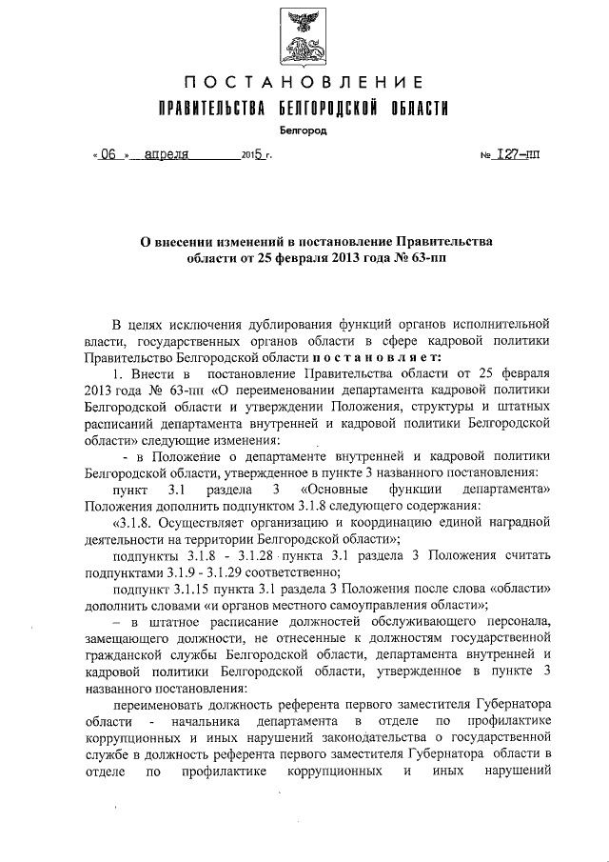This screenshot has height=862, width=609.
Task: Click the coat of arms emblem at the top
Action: (x=304, y=35)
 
